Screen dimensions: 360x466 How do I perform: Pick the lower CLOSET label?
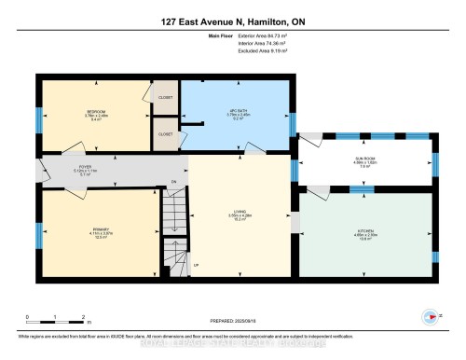(166, 133)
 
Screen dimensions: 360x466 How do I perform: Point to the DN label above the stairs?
(173, 181)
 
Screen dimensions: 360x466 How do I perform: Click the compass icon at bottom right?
(432, 315)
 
